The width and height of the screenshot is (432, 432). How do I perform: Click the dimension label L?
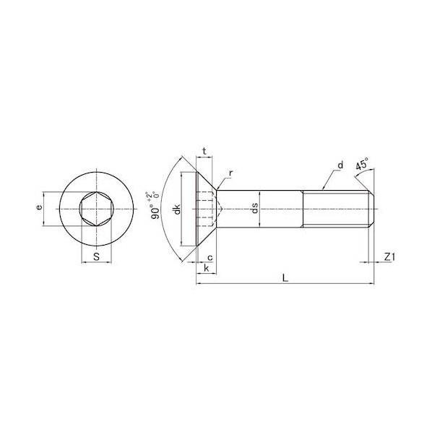[285, 278]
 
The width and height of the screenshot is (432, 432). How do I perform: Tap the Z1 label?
[389, 257]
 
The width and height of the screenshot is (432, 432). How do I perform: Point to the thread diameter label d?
[341, 165]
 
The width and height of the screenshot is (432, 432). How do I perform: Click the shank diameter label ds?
[254, 208]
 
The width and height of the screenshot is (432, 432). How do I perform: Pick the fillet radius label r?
[231, 173]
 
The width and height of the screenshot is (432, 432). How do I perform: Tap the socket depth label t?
[204, 151]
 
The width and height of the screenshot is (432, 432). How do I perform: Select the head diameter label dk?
[177, 209]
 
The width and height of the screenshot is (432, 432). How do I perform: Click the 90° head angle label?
[155, 212]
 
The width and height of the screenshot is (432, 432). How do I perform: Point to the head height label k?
[207, 268]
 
